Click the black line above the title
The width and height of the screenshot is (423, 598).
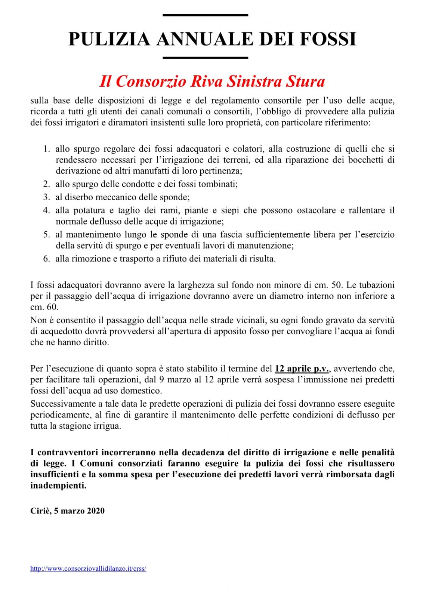click(205, 15)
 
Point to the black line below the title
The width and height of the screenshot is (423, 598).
click(205, 58)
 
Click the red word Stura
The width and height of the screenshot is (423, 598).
click(305, 81)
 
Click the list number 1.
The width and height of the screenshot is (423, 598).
click(46, 149)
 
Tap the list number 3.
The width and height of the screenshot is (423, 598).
click(46, 197)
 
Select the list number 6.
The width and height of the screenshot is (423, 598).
click(46, 259)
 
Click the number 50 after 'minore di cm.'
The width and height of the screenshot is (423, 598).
click(336, 285)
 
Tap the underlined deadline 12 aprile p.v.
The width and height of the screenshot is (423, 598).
click(302, 369)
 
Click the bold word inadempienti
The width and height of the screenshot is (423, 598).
click(58, 486)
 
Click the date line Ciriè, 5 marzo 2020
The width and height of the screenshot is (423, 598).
click(67, 511)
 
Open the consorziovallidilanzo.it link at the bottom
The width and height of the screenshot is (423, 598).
click(88, 569)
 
